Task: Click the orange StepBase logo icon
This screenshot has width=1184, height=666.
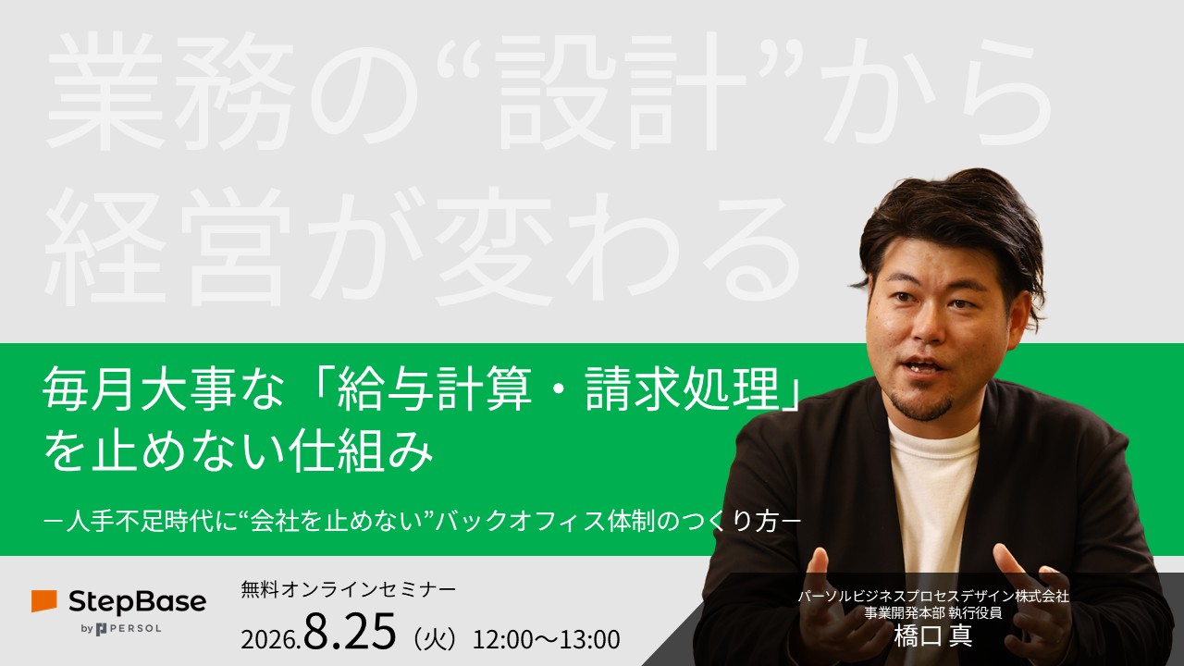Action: tap(43, 601)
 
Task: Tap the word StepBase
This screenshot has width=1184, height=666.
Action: tap(138, 602)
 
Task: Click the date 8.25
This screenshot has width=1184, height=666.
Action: tap(350, 631)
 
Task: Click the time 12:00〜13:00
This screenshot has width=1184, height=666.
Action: tap(546, 639)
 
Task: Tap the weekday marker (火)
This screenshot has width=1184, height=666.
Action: tap(434, 639)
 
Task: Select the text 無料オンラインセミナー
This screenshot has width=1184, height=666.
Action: tap(348, 589)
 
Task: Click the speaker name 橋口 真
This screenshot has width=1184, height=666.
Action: tap(933, 635)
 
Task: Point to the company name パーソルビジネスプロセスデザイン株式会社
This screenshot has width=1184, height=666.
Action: tap(933, 597)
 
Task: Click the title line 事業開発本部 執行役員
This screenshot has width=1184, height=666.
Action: tap(933, 613)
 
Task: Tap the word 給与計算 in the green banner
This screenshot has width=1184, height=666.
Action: tap(435, 389)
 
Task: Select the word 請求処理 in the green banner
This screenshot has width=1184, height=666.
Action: tap(683, 389)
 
